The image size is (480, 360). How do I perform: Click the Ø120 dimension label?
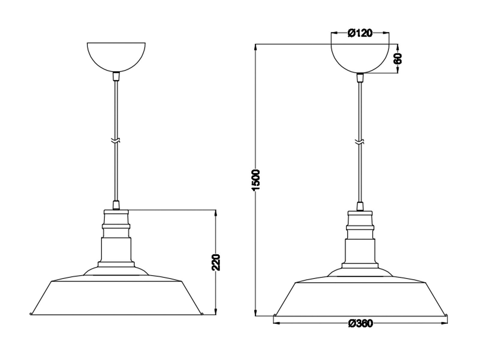(360, 33)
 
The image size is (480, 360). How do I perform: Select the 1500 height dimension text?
(256, 180)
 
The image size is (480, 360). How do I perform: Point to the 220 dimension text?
(216, 262)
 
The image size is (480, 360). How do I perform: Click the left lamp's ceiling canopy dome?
(116, 55)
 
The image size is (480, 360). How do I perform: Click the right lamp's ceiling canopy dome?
(360, 57)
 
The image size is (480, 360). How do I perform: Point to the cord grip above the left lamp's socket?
(116, 205)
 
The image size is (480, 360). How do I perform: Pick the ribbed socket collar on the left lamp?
(116, 226)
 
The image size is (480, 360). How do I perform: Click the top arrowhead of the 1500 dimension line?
(256, 47)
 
